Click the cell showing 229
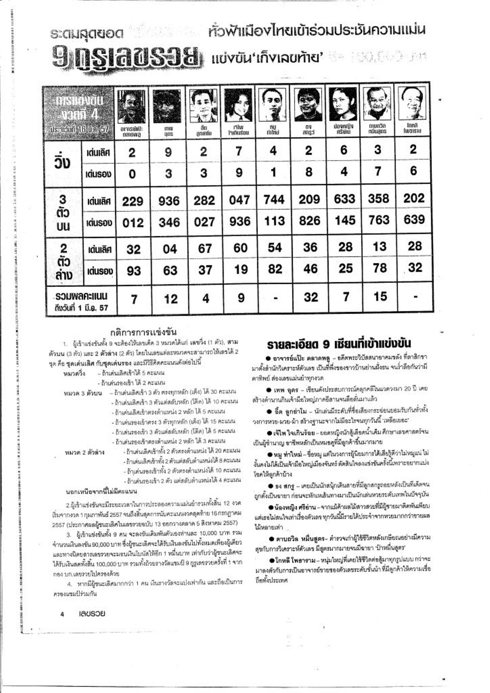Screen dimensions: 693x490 pos(133,201)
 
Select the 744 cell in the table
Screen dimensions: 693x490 pos(274,200)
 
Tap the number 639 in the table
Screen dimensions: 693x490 pos(414,220)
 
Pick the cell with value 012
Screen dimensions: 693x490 pos(133,223)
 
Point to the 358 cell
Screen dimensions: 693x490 pos(379,199)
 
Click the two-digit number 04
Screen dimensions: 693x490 pos(169,249)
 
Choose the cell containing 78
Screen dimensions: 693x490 pos(379,268)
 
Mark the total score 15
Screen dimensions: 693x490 pos(380,296)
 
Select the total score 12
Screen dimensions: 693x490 pos(170,299)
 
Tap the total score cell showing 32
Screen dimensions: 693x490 pos(311,297)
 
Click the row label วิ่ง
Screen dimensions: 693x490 pos(63,162)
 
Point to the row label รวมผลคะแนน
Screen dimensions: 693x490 pos(82,297)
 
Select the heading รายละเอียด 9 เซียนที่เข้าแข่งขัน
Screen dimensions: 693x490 pos(339,344)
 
